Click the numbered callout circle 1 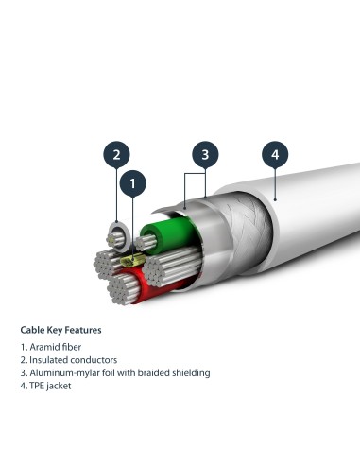(x=133, y=181)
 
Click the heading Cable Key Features (x=61, y=331)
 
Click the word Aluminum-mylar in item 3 (x=65, y=373)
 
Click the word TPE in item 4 (x=39, y=387)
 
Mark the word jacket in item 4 (x=62, y=387)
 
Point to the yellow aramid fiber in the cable (x=135, y=258)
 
